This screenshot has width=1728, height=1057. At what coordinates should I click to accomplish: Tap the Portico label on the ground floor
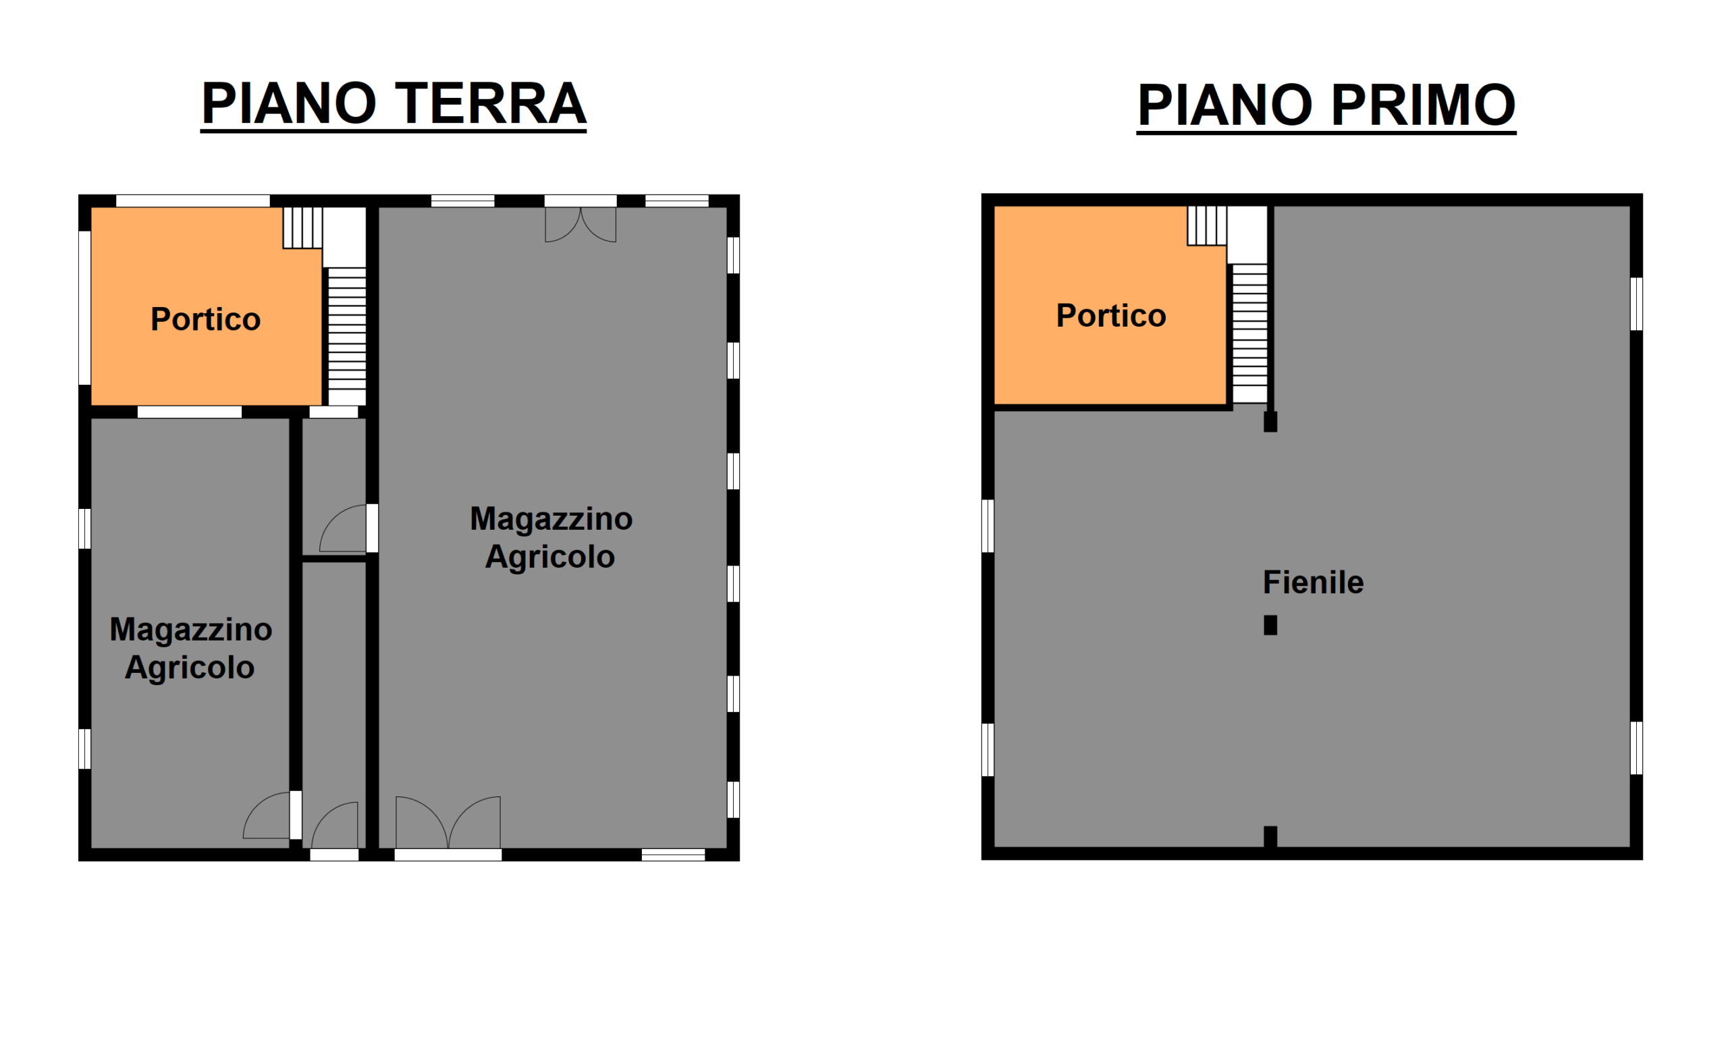click(205, 319)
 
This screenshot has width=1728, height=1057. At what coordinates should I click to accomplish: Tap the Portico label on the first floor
click(1111, 316)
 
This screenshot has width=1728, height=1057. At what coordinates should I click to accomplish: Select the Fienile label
click(1313, 582)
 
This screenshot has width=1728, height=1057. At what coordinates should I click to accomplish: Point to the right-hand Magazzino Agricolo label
click(551, 538)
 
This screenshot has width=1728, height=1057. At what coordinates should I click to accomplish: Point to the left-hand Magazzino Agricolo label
click(191, 649)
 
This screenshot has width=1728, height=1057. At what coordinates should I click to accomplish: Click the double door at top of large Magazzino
click(580, 225)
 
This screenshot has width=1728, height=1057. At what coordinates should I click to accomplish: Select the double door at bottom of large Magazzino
click(448, 822)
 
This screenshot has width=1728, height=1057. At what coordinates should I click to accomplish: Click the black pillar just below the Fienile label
click(1270, 625)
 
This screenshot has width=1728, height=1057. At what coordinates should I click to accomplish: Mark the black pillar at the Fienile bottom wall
click(1270, 837)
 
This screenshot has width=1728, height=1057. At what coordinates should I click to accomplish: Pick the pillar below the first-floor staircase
click(1270, 422)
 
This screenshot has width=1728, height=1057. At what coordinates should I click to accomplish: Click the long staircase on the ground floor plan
click(347, 337)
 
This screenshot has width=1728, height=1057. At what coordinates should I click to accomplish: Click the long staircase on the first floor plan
click(1249, 333)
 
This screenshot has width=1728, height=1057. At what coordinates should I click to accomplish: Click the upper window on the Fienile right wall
click(1636, 304)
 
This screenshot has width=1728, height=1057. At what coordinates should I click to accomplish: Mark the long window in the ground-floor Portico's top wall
click(193, 200)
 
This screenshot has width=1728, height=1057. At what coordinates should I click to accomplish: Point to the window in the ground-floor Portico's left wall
click(84, 308)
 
